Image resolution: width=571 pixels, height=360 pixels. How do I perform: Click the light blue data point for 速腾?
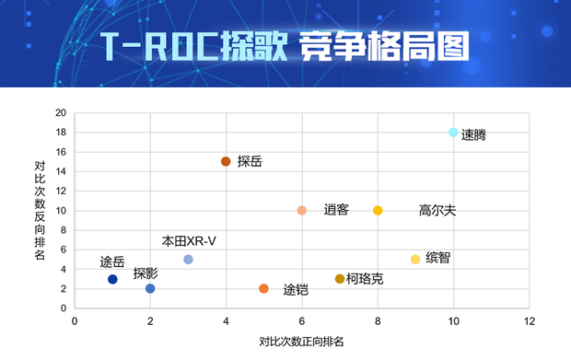point(453,133)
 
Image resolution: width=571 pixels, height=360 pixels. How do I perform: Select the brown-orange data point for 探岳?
point(226,161)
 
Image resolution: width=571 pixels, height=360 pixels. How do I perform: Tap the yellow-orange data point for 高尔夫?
point(378,211)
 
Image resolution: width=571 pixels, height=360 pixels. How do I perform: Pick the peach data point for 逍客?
point(302,211)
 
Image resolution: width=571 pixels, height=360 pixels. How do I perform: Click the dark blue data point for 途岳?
point(112,279)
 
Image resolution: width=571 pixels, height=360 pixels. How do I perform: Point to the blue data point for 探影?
point(150,289)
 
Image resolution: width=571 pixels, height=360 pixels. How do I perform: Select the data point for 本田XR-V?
point(188,260)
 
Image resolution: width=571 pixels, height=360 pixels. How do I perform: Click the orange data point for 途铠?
point(264,289)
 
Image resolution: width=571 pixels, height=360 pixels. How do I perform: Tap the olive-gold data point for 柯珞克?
point(340,279)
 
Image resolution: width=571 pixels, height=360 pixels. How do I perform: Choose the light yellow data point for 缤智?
point(415,260)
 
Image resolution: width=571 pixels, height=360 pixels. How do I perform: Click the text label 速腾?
point(473,135)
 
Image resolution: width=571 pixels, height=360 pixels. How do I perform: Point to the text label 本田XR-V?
point(189,241)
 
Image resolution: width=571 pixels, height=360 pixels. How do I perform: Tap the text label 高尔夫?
point(437,211)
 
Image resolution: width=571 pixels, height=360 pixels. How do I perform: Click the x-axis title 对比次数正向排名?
point(301,342)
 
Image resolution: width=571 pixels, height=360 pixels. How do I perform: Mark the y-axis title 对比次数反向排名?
point(40,211)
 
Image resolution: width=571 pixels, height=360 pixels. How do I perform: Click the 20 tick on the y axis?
point(61,113)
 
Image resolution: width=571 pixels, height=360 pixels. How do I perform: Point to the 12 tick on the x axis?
point(529,321)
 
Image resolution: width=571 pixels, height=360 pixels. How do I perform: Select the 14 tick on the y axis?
point(61,171)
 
